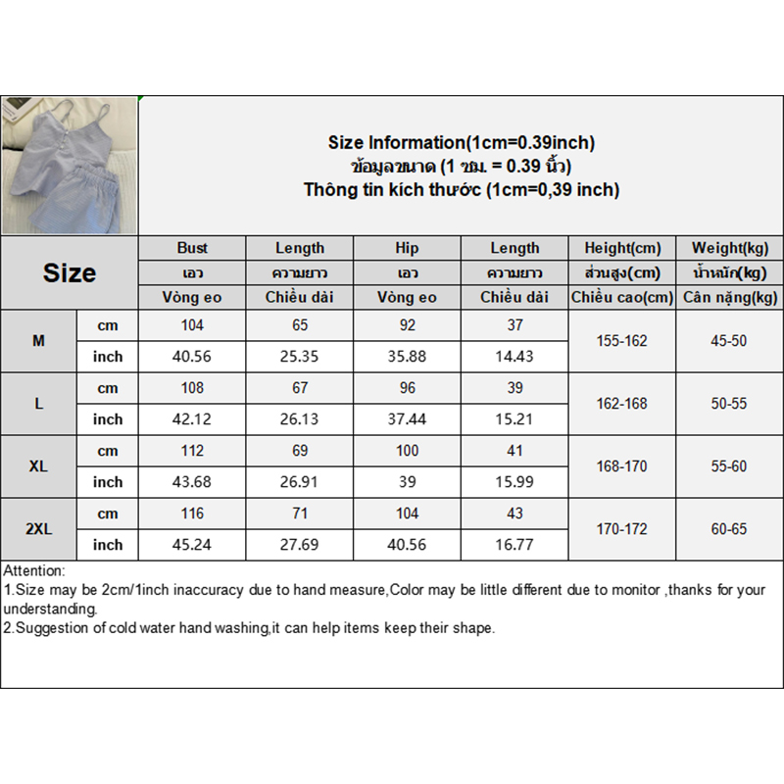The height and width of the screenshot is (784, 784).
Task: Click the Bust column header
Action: (192, 248)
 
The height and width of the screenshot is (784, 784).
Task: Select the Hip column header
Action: (407, 248)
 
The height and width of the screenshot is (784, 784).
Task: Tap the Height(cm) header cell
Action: (622, 248)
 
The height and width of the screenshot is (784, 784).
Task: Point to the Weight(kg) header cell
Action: (729, 248)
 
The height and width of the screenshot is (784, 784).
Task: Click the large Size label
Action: (70, 272)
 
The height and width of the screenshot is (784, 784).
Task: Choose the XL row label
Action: (38, 466)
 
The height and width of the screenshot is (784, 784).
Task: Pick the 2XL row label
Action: (38, 529)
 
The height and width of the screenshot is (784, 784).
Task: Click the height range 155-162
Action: (622, 341)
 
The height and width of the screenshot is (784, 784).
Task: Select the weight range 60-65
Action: (729, 529)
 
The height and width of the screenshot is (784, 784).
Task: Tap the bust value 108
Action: (192, 388)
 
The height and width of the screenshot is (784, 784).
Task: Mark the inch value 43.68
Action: (192, 482)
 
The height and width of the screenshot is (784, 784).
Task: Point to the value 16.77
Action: (514, 545)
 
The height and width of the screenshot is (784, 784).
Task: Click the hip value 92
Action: (407, 325)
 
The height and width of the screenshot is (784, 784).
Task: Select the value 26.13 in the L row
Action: (300, 419)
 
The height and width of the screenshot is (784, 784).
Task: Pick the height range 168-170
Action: (622, 466)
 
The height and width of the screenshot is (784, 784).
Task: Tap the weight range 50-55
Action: (729, 404)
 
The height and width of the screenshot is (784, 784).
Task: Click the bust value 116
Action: (192, 514)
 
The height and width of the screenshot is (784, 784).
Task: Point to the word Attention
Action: (34, 570)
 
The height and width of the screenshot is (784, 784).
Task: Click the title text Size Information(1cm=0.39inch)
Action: (461, 143)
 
